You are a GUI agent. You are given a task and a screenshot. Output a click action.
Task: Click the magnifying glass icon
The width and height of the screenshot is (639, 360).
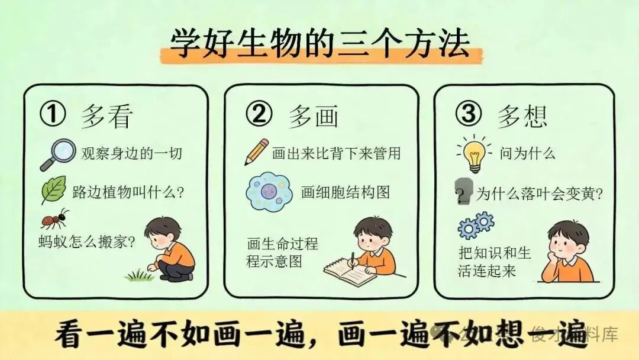pyautogui.click(x=58, y=155)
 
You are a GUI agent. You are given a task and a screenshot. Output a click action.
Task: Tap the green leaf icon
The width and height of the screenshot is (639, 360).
pyautogui.click(x=53, y=189)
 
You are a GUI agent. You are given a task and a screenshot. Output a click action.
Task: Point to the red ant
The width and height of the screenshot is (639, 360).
pyautogui.click(x=54, y=219)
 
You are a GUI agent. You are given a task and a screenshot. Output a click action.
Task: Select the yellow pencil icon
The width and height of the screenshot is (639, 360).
pyautogui.click(x=256, y=152)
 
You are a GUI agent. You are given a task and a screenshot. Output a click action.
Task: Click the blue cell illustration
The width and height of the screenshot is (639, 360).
pyautogui.click(x=269, y=191)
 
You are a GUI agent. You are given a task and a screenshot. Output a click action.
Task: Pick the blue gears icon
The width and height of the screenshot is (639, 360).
pyautogui.click(x=476, y=224)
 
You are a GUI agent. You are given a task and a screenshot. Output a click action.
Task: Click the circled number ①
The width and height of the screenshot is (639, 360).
pyautogui.click(x=53, y=114)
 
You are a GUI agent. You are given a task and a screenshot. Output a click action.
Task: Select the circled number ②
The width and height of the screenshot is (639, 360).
pyautogui.click(x=259, y=114)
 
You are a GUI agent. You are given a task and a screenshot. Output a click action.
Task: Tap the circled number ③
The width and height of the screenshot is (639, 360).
pyautogui.click(x=468, y=114)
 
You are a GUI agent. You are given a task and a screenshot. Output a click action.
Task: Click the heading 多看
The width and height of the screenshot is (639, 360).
pyautogui.click(x=106, y=116)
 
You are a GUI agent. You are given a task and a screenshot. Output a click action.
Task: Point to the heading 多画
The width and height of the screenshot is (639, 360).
pyautogui.click(x=314, y=116)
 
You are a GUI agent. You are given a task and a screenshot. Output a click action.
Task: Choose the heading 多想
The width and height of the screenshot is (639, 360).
pyautogui.click(x=522, y=116)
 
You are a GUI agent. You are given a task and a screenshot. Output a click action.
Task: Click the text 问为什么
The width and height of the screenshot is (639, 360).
pyautogui.click(x=527, y=153)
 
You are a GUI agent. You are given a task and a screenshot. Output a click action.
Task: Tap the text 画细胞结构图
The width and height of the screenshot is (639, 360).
pyautogui.click(x=345, y=192)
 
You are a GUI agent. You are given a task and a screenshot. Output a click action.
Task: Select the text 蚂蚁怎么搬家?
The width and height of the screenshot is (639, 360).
pyautogui.click(x=86, y=242)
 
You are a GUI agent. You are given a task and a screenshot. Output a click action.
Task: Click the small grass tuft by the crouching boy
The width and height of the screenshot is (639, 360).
pyautogui.click(x=138, y=275)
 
